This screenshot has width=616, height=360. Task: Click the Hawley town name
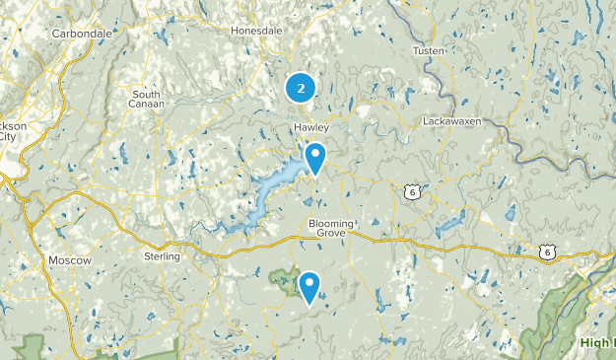coord(310,128)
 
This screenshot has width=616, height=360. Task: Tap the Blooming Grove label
coord(331,228)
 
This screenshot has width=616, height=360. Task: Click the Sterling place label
coord(163,256)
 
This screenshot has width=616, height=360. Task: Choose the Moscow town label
coord(70,260)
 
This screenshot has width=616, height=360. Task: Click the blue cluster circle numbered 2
coord(301,88)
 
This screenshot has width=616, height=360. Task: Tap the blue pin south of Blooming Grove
coord(309,287)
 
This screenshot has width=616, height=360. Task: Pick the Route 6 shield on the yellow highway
coord(547,253)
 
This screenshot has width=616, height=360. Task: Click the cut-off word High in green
coord(595,342)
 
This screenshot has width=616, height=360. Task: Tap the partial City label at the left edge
coord(6,138)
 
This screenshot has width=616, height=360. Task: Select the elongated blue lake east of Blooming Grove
coord(449,226)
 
